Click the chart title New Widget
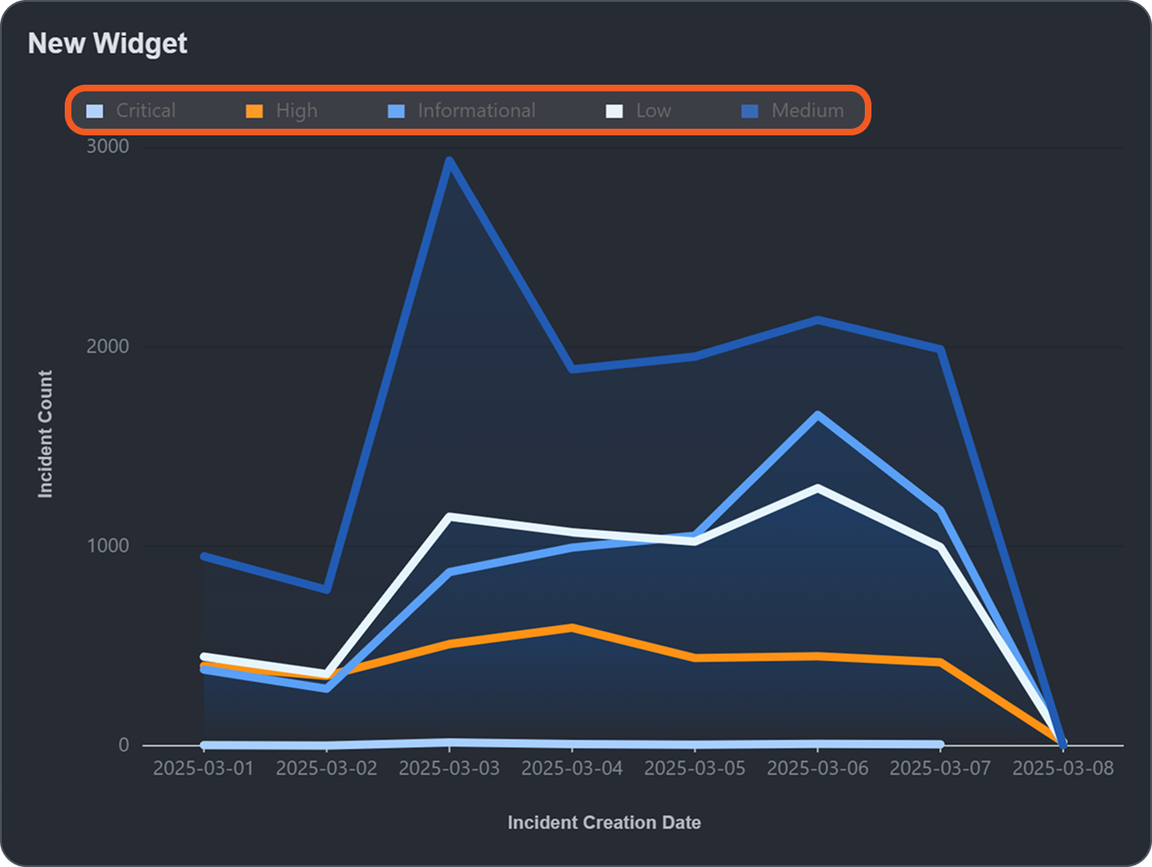pyautogui.click(x=108, y=43)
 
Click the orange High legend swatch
pyautogui.click(x=255, y=111)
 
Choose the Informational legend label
pyautogui.click(x=476, y=110)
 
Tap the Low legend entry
pyautogui.click(x=652, y=110)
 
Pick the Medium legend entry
pyautogui.click(x=807, y=110)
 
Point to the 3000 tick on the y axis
pyautogui.click(x=108, y=146)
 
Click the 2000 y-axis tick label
pyautogui.click(x=108, y=346)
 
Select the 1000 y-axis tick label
pyautogui.click(x=108, y=546)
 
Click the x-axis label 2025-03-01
pyautogui.click(x=203, y=768)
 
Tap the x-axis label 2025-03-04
pyautogui.click(x=572, y=768)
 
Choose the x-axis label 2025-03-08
pyautogui.click(x=1063, y=768)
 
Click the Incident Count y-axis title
pyautogui.click(x=46, y=433)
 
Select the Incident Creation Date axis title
pyautogui.click(x=604, y=822)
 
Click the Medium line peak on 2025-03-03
pyautogui.click(x=449, y=160)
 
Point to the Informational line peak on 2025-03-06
pyautogui.click(x=818, y=414)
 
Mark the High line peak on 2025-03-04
pyautogui.click(x=572, y=628)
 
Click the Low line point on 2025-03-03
pyautogui.click(x=449, y=517)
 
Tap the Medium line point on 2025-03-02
pyautogui.click(x=326, y=590)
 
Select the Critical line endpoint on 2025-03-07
pyautogui.click(x=940, y=744)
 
